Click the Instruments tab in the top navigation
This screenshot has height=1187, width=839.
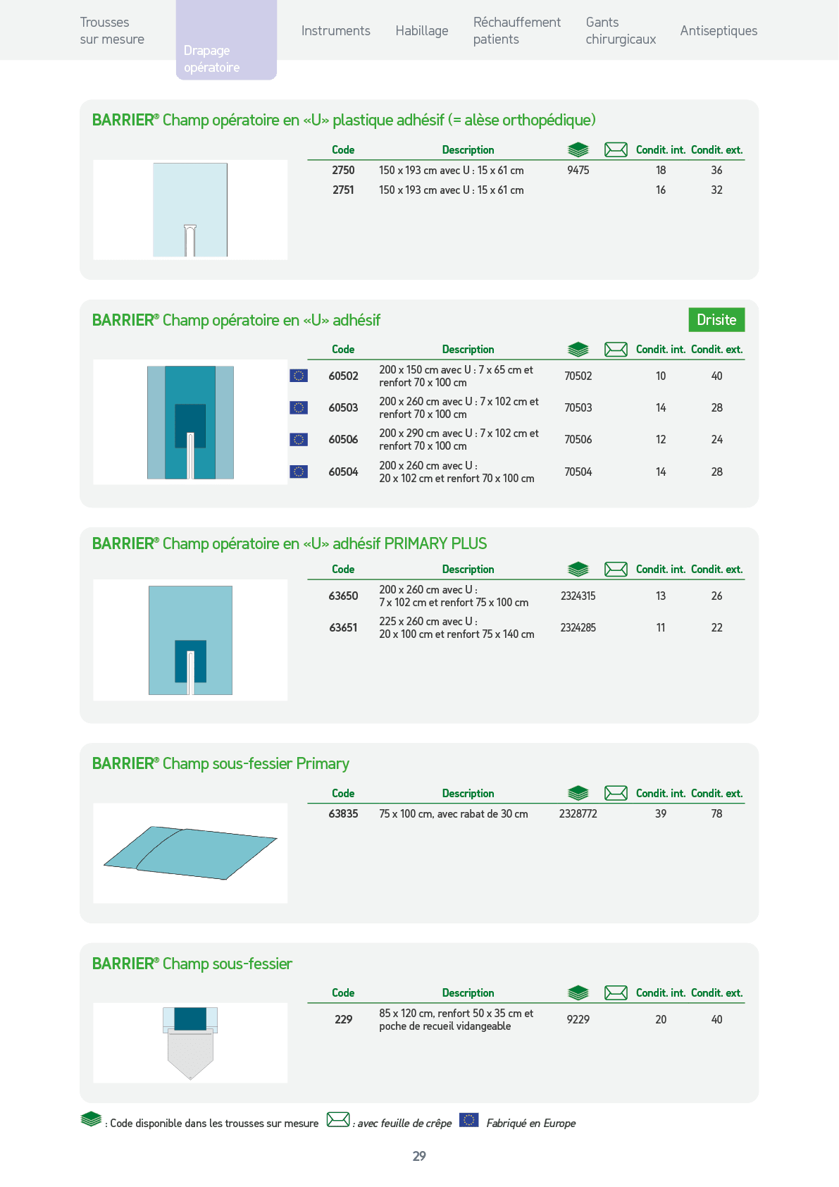335,31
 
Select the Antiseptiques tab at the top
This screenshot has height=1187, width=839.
719,31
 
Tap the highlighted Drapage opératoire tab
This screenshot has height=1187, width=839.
226,40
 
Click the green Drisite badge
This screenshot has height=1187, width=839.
716,319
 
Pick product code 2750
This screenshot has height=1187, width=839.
343,170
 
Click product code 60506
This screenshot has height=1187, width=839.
343,439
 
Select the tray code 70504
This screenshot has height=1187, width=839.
578,472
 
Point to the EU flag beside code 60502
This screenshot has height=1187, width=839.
299,376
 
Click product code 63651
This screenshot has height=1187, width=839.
343,627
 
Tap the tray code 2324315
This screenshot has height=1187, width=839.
578,596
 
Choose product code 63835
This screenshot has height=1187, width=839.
343,813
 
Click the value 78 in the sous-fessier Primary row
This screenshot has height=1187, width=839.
716,813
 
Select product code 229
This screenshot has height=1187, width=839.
343,1019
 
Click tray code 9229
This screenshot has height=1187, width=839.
578,1019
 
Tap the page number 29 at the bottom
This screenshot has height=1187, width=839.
419,1156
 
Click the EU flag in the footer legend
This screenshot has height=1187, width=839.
468,1120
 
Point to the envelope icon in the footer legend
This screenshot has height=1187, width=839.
338,1120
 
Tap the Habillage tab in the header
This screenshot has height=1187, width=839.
422,31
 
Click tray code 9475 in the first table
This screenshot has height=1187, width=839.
578,170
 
